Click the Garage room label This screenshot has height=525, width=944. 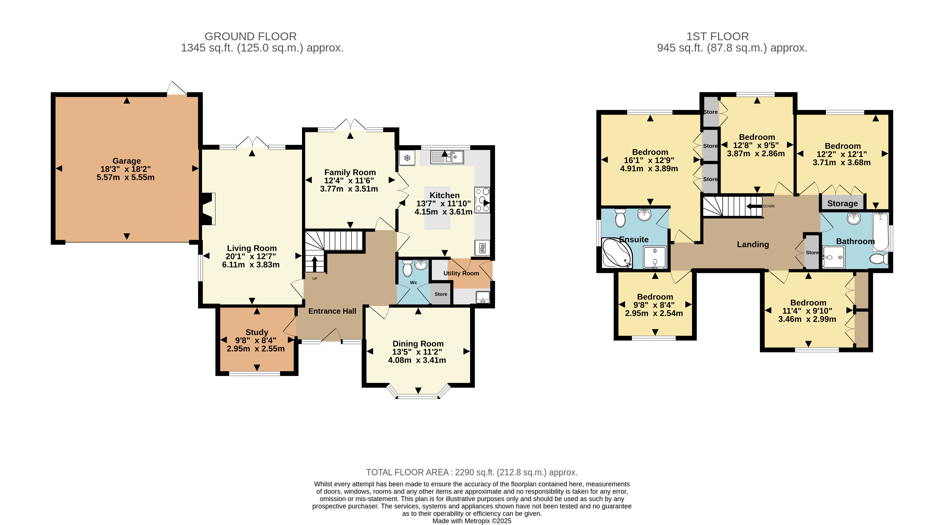(127, 161)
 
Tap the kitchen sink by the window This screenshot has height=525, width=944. (447, 157)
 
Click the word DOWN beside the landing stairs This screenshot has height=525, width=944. (769, 206)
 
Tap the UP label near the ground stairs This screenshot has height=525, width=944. (315, 279)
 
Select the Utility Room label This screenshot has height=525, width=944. (461, 273)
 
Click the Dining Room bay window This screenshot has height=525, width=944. (418, 391)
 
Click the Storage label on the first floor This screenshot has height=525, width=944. (843, 203)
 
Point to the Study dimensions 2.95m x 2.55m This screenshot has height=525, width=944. (256, 349)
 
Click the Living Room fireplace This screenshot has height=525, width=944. (208, 209)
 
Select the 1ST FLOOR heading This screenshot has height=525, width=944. (718, 37)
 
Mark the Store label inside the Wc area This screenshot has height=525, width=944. (441, 294)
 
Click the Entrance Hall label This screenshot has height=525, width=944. (332, 311)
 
